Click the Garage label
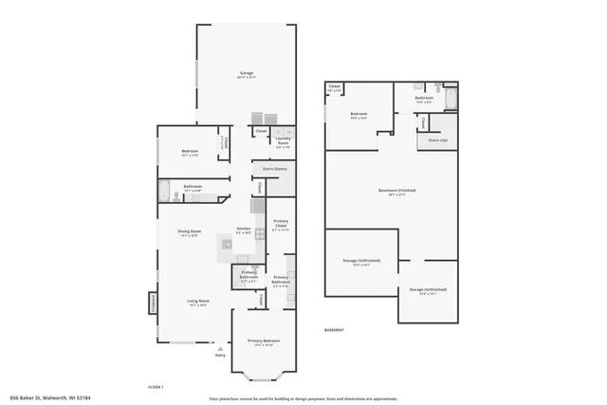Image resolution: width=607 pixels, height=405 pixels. pos(246,74)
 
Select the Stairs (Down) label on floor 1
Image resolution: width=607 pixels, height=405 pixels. pos(275,169)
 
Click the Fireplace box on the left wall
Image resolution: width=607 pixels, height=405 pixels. pos(152,303)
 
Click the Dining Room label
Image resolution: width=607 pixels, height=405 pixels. pos(189,232)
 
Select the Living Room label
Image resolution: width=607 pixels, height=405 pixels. pos(197,303)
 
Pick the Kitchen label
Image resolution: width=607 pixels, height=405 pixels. pos(243,230)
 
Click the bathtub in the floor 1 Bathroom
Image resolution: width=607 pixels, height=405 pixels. pos(164,191)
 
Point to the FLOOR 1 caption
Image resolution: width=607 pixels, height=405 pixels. pos(156,386)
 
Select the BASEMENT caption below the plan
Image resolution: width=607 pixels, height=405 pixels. pos(334,329)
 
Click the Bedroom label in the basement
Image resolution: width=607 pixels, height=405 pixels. pos(359,117)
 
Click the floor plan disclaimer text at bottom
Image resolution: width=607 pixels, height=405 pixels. pos(303,399)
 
